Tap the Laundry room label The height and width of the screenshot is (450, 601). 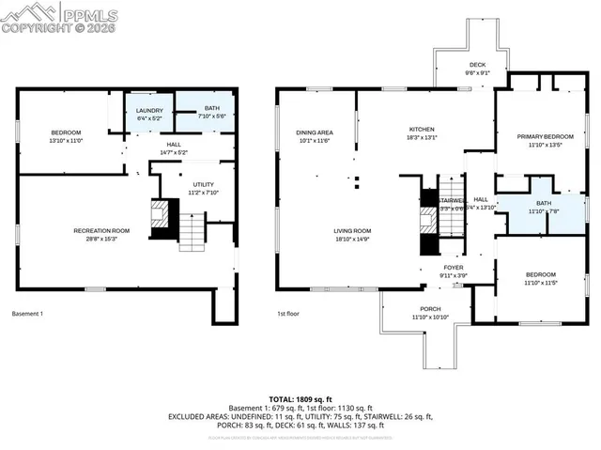click(x=149, y=113)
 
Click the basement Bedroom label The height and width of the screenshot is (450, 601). click(x=66, y=135)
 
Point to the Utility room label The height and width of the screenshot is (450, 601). click(x=204, y=188)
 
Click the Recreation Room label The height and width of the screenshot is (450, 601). click(x=101, y=232)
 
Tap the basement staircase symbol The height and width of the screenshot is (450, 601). click(x=192, y=231)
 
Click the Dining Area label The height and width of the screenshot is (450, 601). click(x=315, y=135)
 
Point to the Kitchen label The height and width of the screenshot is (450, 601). click(x=422, y=132)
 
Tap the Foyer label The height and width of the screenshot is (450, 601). click(x=453, y=271)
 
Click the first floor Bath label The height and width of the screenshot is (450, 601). click(x=544, y=207)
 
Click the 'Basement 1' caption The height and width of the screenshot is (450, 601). click(x=27, y=314)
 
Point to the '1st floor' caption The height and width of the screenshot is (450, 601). click(x=286, y=314)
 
